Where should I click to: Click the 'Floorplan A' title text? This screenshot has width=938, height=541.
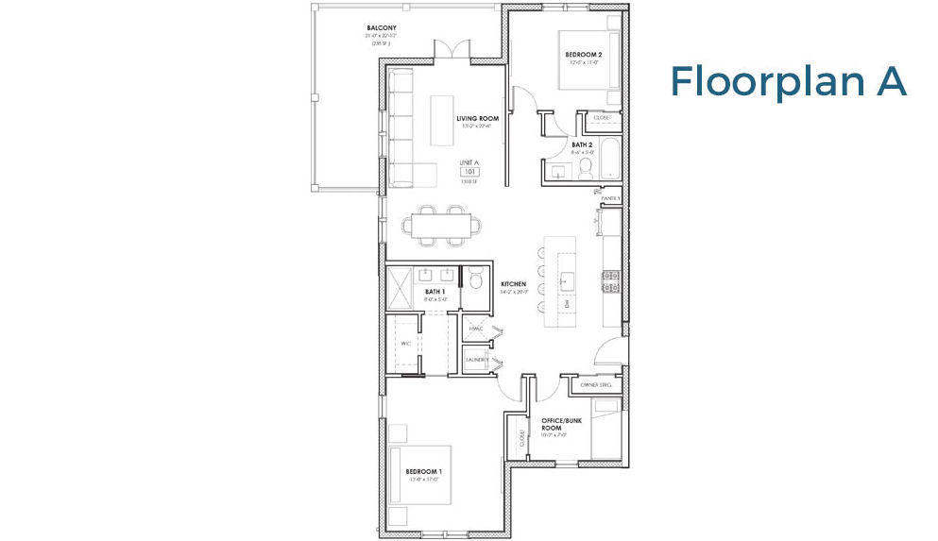[788, 82]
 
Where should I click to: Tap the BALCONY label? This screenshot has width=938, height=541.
[381, 28]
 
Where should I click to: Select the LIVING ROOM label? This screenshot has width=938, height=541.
[476, 119]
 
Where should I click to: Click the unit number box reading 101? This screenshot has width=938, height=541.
[469, 172]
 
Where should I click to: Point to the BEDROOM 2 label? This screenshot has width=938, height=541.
[584, 55]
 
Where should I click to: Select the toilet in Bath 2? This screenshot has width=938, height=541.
[585, 169]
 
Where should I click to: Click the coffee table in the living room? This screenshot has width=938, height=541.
[442, 120]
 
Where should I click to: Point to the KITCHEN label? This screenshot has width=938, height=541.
[513, 283]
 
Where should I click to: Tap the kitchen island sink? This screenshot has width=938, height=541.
[569, 280]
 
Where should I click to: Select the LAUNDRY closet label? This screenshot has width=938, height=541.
[475, 360]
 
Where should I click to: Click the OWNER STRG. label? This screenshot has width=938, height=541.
[597, 385]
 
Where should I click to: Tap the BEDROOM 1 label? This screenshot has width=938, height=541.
[424, 471]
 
